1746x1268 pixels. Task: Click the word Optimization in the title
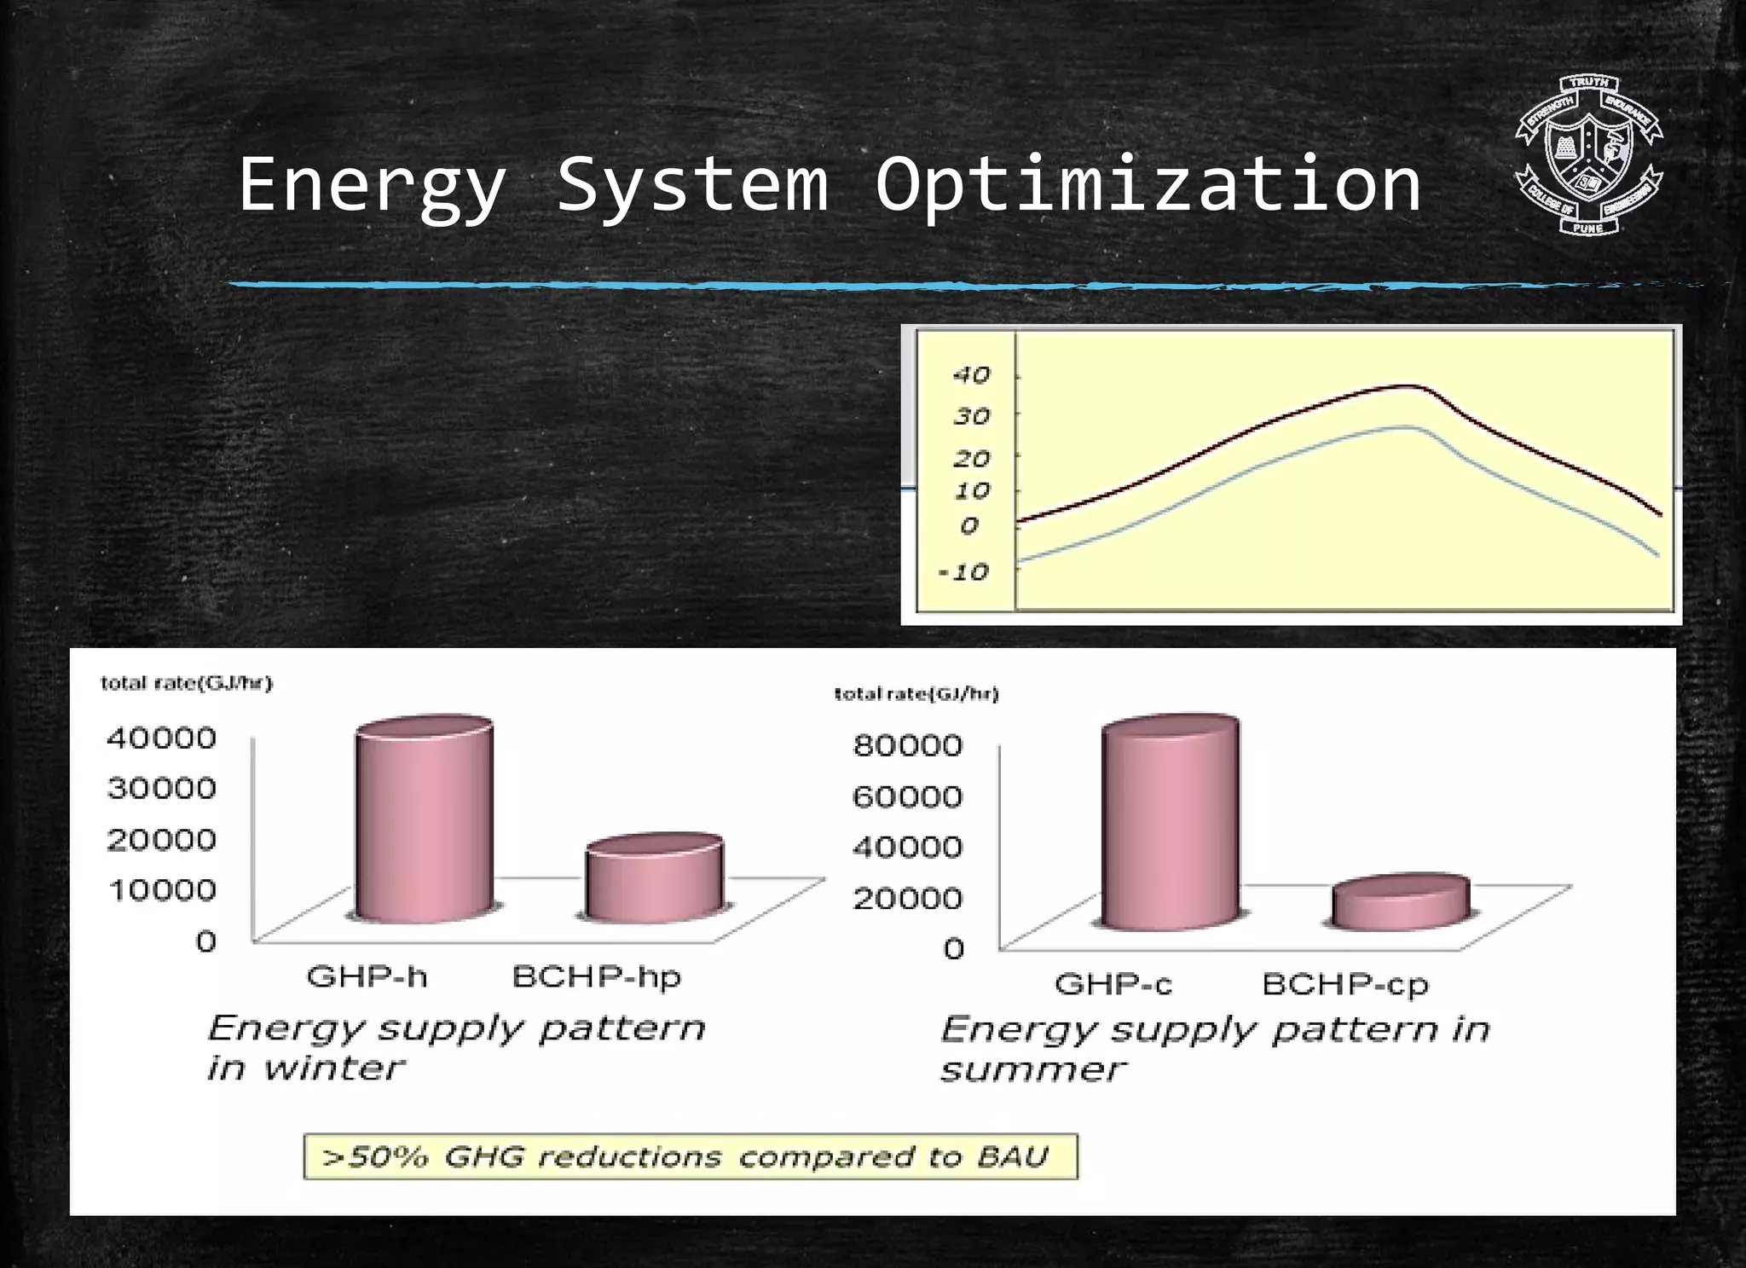tap(1148, 185)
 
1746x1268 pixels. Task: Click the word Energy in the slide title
tap(372, 185)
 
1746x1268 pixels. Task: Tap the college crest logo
tap(1588, 155)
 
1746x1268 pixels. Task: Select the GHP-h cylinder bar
tap(424, 823)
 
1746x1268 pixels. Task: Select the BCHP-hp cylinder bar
tap(654, 880)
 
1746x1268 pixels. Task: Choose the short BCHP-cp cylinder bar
tap(1400, 902)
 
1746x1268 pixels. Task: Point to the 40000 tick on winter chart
tap(161, 738)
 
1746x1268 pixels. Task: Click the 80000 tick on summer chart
tap(907, 746)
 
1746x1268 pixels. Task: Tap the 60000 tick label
tap(907, 797)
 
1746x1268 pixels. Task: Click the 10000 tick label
tap(162, 891)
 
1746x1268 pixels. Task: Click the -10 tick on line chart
tap(963, 572)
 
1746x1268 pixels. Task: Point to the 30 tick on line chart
tap(971, 417)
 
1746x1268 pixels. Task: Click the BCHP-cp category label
tap(1344, 985)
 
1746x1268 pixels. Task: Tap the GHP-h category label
tap(367, 976)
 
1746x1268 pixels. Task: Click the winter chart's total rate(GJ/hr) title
tap(186, 684)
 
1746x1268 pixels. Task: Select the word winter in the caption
tap(332, 1068)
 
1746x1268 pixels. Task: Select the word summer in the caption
tap(1032, 1070)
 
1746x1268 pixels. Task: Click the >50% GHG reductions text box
tap(691, 1157)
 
